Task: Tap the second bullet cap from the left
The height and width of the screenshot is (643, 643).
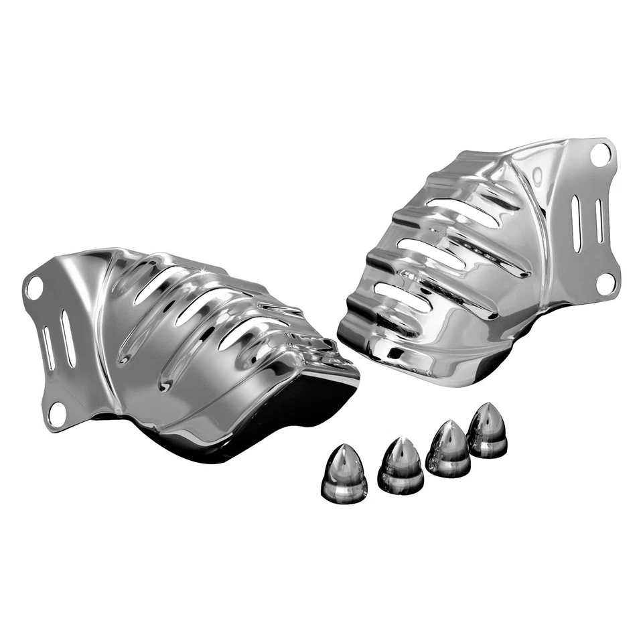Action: coord(400,467)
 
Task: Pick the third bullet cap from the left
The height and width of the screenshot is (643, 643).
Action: coord(447,449)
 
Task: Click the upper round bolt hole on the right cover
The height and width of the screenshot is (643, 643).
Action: coord(601,154)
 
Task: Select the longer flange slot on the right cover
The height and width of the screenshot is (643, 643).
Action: coord(576,223)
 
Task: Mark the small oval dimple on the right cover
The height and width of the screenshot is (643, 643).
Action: coord(537,175)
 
